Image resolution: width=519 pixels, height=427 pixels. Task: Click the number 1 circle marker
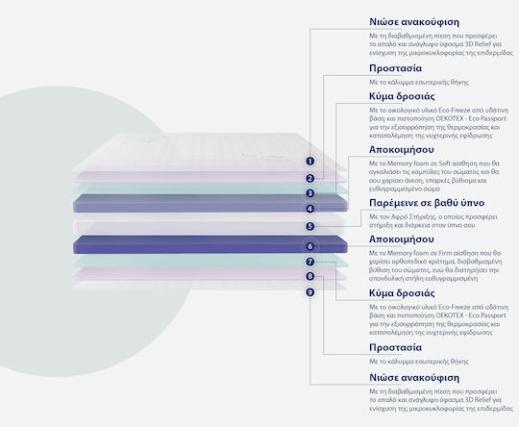[309, 162]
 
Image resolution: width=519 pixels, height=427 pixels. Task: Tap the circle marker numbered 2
[309, 179]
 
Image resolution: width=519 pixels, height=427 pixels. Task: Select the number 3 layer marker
[309, 193]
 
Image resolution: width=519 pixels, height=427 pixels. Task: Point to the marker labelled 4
[309, 209]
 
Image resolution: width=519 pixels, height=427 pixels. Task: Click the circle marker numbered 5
[309, 226]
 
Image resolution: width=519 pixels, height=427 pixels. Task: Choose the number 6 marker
[309, 246]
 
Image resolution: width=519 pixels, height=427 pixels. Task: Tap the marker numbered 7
[309, 262]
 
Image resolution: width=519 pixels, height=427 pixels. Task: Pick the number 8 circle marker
[309, 276]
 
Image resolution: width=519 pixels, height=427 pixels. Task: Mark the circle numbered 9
[309, 292]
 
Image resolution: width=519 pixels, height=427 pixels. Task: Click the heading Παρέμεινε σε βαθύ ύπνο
[427, 203]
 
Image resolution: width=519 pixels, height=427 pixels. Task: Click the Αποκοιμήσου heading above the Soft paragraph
[401, 150]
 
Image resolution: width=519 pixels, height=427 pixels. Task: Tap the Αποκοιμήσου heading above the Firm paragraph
[401, 239]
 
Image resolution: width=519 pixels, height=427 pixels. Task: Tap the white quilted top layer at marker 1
[206, 152]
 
